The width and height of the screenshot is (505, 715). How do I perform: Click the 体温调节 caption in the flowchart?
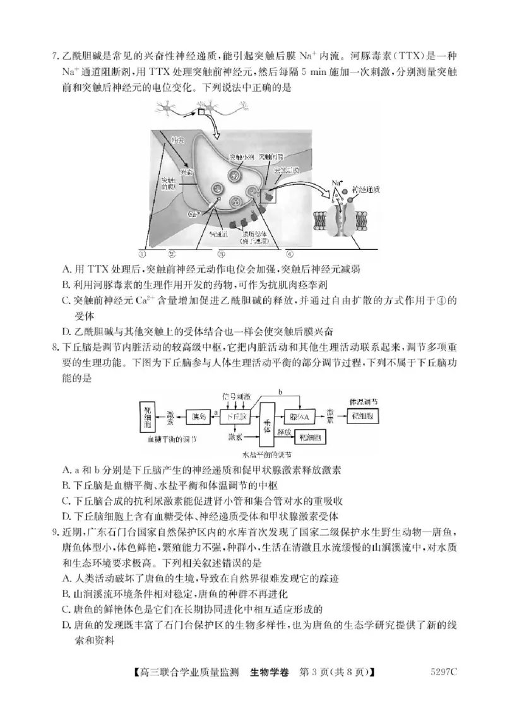point(364,401)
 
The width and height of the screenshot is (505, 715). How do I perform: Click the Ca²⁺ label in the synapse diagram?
point(194,214)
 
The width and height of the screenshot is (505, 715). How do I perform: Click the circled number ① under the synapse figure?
point(143,254)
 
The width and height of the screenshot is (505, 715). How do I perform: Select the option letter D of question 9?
point(67,625)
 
